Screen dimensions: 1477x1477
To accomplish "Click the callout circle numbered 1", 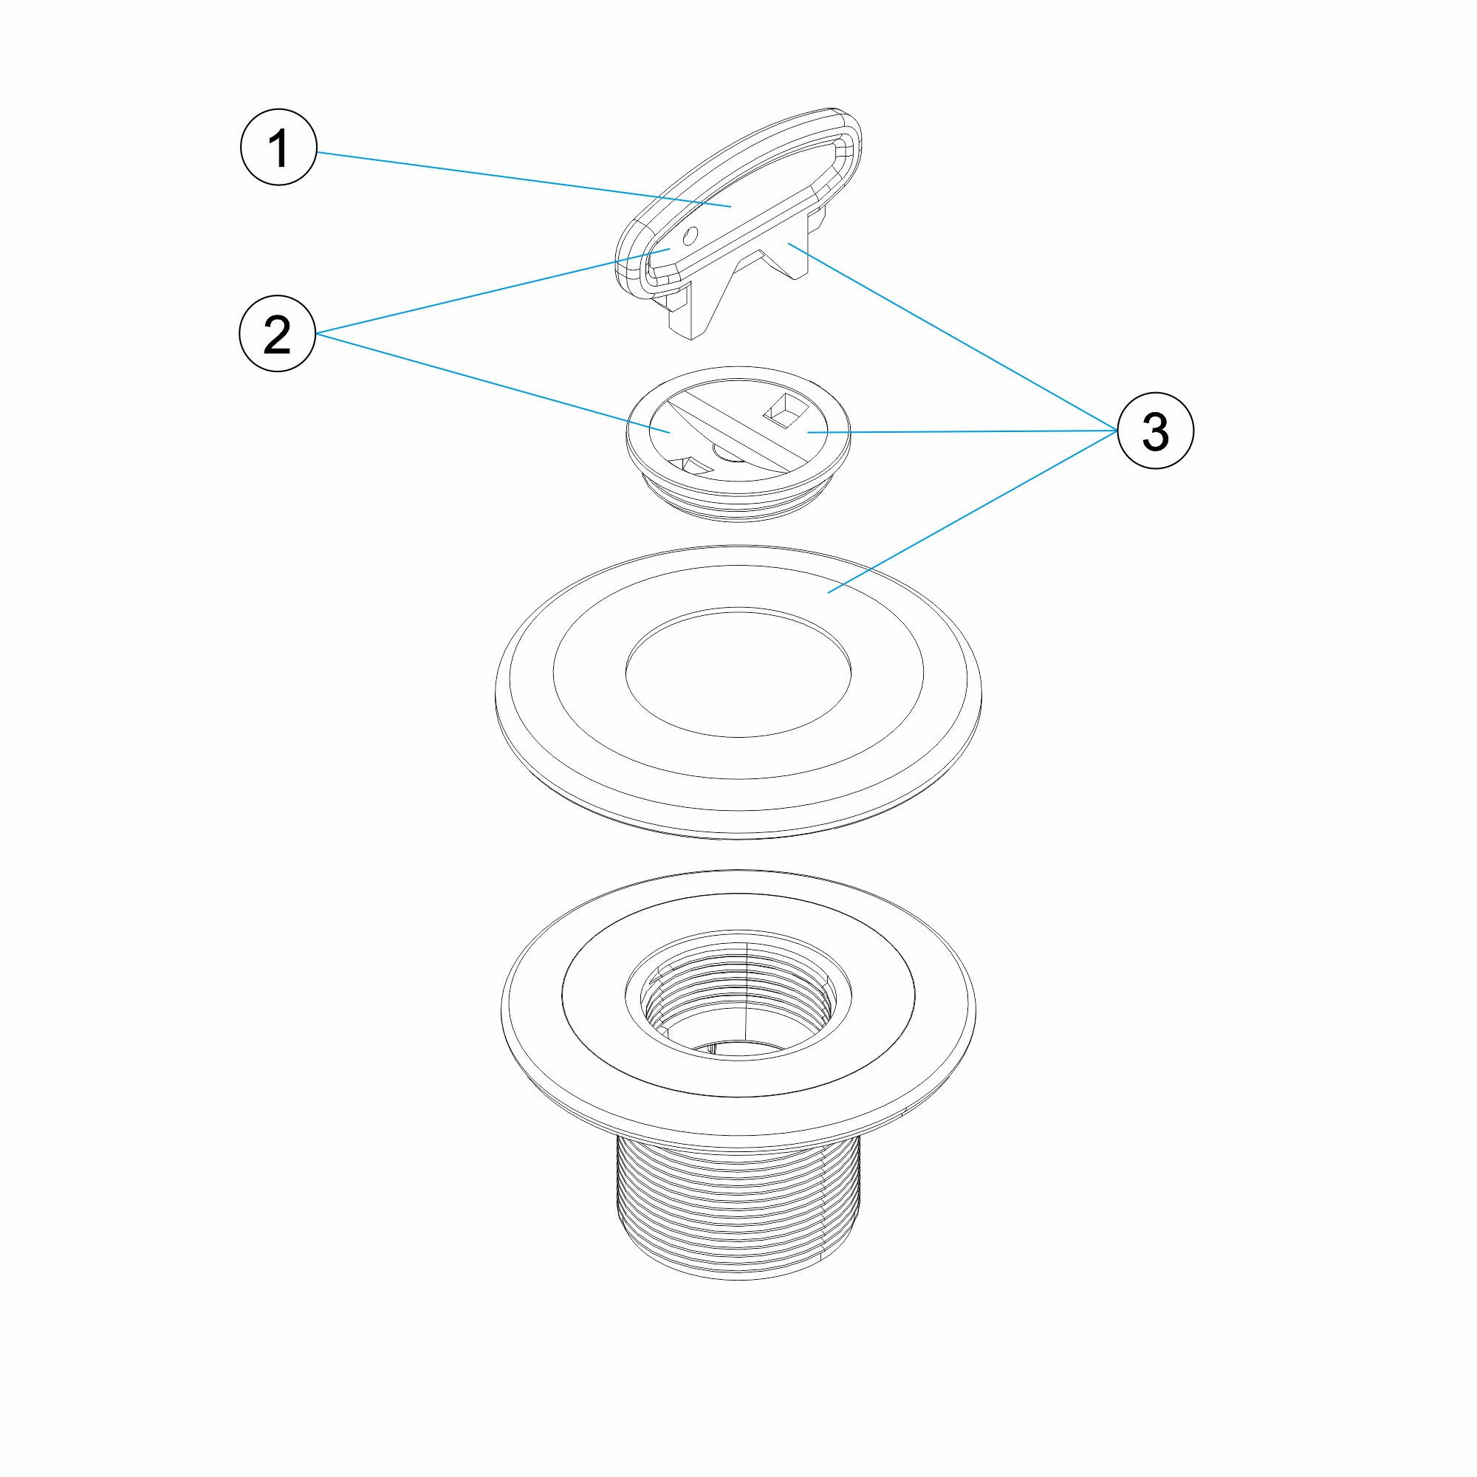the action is point(278,147).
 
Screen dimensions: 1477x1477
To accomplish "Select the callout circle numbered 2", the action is point(278,334).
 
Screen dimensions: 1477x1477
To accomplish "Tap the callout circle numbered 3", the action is point(1155,431).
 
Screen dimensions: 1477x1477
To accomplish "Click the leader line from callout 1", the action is point(524,179).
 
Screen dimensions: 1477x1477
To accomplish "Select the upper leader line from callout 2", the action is point(493,291).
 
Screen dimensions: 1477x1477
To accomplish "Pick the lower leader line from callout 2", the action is point(493,383).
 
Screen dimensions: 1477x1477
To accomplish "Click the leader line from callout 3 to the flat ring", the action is point(973,512).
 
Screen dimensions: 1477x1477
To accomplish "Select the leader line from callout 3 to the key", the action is point(953,337).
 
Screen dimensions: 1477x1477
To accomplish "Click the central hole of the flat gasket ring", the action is point(738,674).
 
